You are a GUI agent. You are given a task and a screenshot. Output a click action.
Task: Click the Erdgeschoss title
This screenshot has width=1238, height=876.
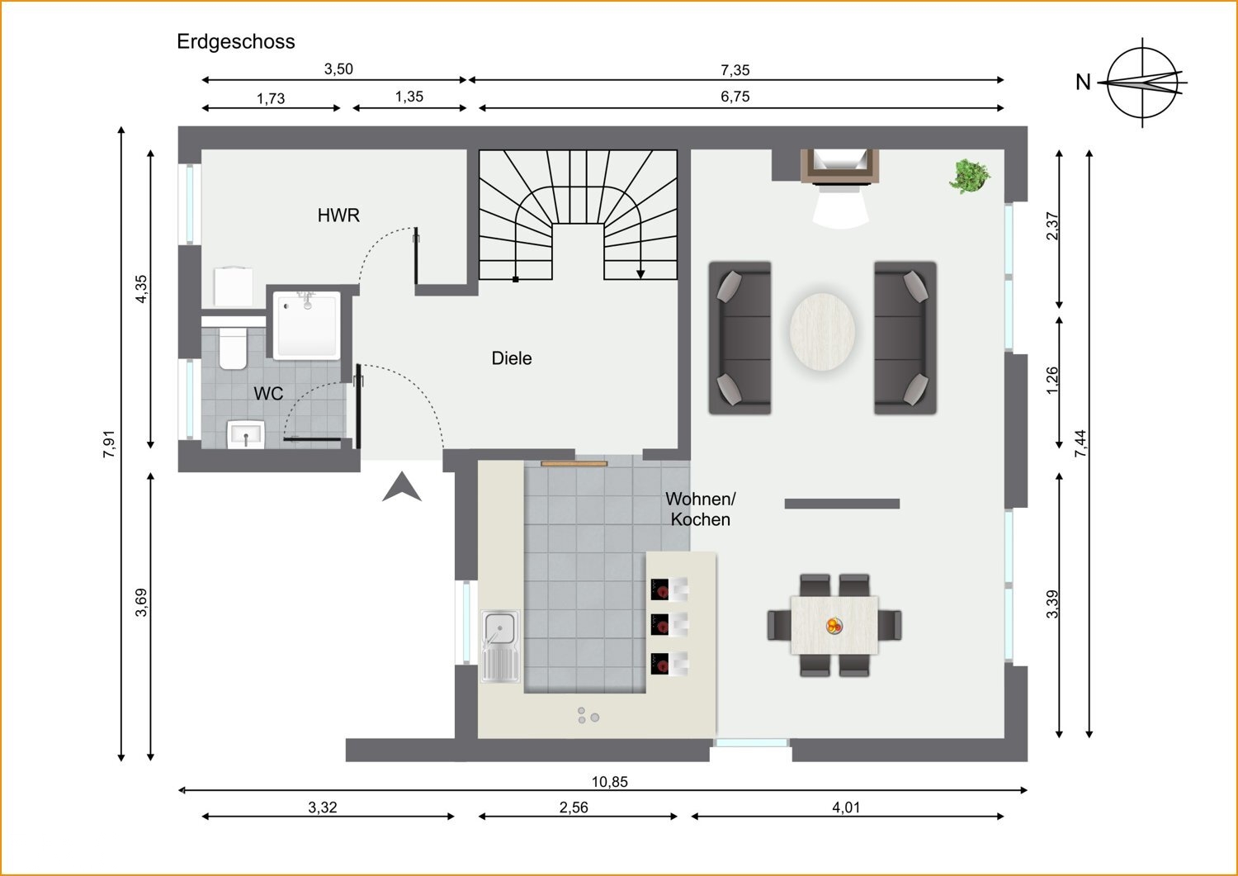pyautogui.click(x=235, y=42)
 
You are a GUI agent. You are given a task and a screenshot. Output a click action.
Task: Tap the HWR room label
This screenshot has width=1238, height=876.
pyautogui.click(x=338, y=215)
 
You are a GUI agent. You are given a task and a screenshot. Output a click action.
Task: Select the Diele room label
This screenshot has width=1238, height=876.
pyautogui.click(x=512, y=358)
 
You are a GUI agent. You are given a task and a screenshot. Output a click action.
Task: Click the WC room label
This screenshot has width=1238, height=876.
pyautogui.click(x=268, y=393)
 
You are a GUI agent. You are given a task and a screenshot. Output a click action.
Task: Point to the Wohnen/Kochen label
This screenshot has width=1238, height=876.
pyautogui.click(x=700, y=509)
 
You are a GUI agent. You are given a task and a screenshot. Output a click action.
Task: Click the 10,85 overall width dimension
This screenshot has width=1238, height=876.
pyautogui.click(x=610, y=781)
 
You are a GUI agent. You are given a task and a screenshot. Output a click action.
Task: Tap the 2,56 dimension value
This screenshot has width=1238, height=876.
pyautogui.click(x=574, y=807)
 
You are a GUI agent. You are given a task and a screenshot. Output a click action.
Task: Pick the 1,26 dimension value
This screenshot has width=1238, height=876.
pyautogui.click(x=1052, y=381)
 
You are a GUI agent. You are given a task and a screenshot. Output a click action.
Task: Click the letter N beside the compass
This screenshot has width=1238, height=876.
pyautogui.click(x=1083, y=83)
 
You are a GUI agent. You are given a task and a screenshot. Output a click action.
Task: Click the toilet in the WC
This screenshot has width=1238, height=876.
pyautogui.click(x=233, y=348)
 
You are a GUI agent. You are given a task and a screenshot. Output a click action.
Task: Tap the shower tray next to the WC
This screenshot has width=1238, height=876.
pyautogui.click(x=308, y=326)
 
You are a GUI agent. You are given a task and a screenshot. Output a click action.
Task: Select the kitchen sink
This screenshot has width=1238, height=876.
pyautogui.click(x=500, y=646)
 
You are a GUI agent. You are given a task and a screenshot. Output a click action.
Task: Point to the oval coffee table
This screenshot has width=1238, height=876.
pyautogui.click(x=822, y=333)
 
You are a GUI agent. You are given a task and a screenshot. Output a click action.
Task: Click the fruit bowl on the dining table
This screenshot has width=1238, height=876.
pyautogui.click(x=834, y=626)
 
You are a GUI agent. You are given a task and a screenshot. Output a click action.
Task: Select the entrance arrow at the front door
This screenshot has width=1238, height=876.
pyautogui.click(x=402, y=487)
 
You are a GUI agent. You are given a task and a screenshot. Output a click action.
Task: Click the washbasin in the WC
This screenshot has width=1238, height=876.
pyautogui.click(x=246, y=434)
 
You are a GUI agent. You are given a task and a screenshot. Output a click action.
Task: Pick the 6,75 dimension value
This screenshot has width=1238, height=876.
pyautogui.click(x=735, y=97)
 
